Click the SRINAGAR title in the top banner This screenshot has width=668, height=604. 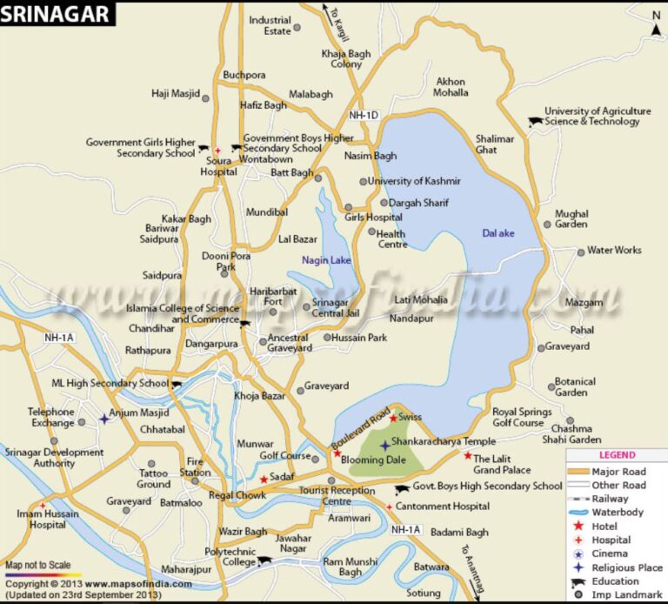[55, 13]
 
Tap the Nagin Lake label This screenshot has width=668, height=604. [326, 259]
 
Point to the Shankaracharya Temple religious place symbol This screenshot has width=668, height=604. [384, 445]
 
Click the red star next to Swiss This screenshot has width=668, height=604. [393, 418]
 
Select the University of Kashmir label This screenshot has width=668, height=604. [413, 181]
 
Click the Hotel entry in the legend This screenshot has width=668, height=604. [604, 527]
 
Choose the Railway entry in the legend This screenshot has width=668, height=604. [610, 499]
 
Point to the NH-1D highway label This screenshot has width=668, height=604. [364, 115]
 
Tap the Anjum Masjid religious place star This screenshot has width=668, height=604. [104, 419]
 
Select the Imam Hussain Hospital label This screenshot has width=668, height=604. [35, 520]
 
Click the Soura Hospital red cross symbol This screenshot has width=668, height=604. [217, 151]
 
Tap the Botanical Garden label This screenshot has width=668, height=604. [575, 386]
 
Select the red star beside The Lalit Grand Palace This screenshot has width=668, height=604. [467, 455]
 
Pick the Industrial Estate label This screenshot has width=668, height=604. [270, 25]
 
